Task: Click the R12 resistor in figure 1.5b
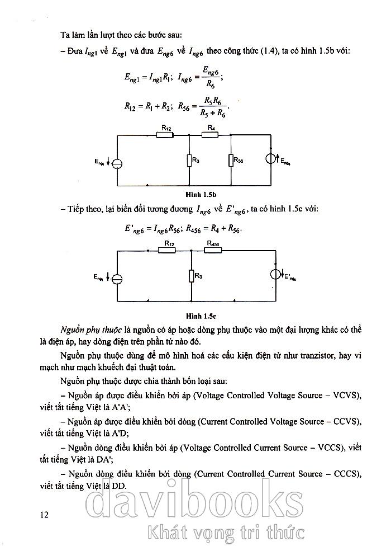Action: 166,134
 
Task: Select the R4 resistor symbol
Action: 210,134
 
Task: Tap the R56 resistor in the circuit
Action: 231,161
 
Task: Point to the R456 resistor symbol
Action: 213,250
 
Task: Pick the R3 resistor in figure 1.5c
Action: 191,276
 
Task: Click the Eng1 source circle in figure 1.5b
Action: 117,163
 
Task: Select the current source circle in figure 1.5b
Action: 271,159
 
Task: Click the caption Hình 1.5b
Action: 203,194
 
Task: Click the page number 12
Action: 45,514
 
